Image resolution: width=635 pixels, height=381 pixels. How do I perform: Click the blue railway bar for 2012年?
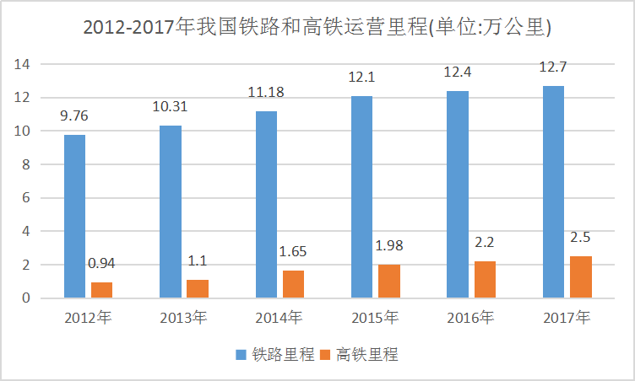[x=75, y=216]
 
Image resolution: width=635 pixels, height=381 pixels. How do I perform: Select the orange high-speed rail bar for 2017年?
[x=581, y=276]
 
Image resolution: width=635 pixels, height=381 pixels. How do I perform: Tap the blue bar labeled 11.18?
[x=267, y=204]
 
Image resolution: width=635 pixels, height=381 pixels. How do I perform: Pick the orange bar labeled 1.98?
[x=389, y=281]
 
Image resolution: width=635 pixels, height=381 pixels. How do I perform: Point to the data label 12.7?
[x=553, y=67]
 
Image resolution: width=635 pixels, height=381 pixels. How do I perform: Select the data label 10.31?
[x=171, y=108]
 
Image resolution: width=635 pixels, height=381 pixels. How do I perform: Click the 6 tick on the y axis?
[x=27, y=197]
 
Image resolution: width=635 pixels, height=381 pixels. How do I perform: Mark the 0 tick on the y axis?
[x=27, y=298]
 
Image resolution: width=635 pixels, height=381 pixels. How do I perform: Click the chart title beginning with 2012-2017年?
[x=317, y=28]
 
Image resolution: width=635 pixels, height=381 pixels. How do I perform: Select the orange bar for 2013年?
[x=198, y=288]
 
